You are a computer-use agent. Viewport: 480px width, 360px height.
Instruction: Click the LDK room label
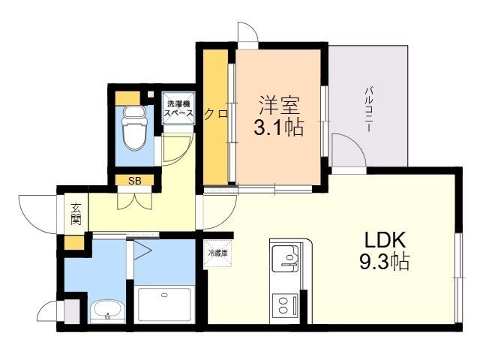[385, 241]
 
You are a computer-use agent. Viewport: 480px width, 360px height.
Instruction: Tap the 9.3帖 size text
[385, 264]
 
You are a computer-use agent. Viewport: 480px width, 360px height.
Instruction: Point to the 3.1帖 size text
[277, 127]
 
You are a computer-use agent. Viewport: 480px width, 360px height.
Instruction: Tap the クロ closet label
[216, 114]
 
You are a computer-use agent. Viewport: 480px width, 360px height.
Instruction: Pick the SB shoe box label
[135, 180]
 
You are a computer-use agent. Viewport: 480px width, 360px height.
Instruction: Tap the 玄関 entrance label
[76, 214]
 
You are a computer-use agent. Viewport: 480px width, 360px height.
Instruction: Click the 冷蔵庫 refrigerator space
[217, 253]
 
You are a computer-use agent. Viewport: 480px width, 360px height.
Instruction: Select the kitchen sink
[285, 259]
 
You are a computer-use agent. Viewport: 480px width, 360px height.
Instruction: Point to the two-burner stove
[283, 305]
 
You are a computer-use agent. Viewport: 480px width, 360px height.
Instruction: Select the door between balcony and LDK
[346, 150]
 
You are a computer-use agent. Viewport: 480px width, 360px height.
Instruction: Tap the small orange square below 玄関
[73, 242]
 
